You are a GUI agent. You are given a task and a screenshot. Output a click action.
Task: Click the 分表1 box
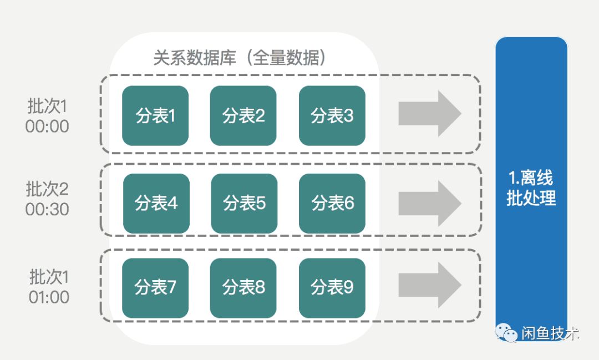pyautogui.click(x=155, y=116)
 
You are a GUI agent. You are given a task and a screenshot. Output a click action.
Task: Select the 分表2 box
pyautogui.click(x=243, y=116)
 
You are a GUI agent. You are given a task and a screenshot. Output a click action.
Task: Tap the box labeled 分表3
pyautogui.click(x=332, y=116)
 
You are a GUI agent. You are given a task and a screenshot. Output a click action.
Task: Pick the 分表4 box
pyautogui.click(x=156, y=204)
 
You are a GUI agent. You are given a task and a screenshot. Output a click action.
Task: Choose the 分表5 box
pyautogui.click(x=244, y=204)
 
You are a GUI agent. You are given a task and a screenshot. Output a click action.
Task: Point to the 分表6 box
pyautogui.click(x=332, y=204)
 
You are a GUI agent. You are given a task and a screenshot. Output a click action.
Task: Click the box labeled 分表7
pyautogui.click(x=155, y=287)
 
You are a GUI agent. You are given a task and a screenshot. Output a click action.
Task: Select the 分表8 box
pyautogui.click(x=243, y=287)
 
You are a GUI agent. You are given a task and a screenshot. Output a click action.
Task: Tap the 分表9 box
pyautogui.click(x=332, y=287)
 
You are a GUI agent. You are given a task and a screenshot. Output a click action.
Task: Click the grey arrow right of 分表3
pyautogui.click(x=430, y=114)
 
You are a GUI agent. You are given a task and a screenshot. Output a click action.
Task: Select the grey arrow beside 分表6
pyautogui.click(x=430, y=203)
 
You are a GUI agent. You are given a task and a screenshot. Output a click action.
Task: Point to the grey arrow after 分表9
pyautogui.click(x=430, y=285)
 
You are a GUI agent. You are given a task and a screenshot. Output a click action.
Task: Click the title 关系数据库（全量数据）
pyautogui.click(x=239, y=58)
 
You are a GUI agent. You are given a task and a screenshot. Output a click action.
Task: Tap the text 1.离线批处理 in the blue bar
pyautogui.click(x=531, y=188)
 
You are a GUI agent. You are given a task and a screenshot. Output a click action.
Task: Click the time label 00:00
pyautogui.click(x=47, y=126)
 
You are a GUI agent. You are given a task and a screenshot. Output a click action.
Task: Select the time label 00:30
pyautogui.click(x=47, y=210)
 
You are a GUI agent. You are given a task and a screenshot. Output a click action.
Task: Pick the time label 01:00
pyautogui.click(x=49, y=297)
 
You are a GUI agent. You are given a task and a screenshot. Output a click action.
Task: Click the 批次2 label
pyautogui.click(x=47, y=189)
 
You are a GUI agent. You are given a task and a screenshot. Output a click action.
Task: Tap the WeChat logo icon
pyautogui.click(x=506, y=333)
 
